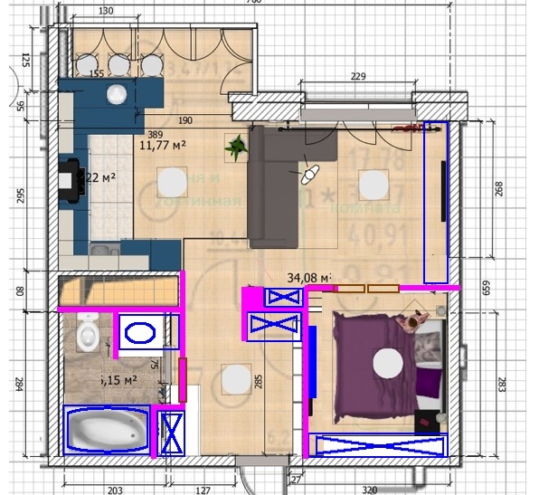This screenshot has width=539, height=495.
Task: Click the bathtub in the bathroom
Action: click(108, 429)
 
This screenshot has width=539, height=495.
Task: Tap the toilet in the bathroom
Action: click(88, 332)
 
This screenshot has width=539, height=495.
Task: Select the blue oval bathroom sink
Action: click(141, 332)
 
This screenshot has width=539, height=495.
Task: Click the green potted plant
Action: click(238, 144)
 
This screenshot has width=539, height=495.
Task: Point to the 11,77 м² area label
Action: click(163, 142)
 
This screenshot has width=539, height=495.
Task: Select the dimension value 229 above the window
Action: click(357, 77)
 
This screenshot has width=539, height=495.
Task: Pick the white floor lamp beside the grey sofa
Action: click(310, 169)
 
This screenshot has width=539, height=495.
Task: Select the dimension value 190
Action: click(184, 120)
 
